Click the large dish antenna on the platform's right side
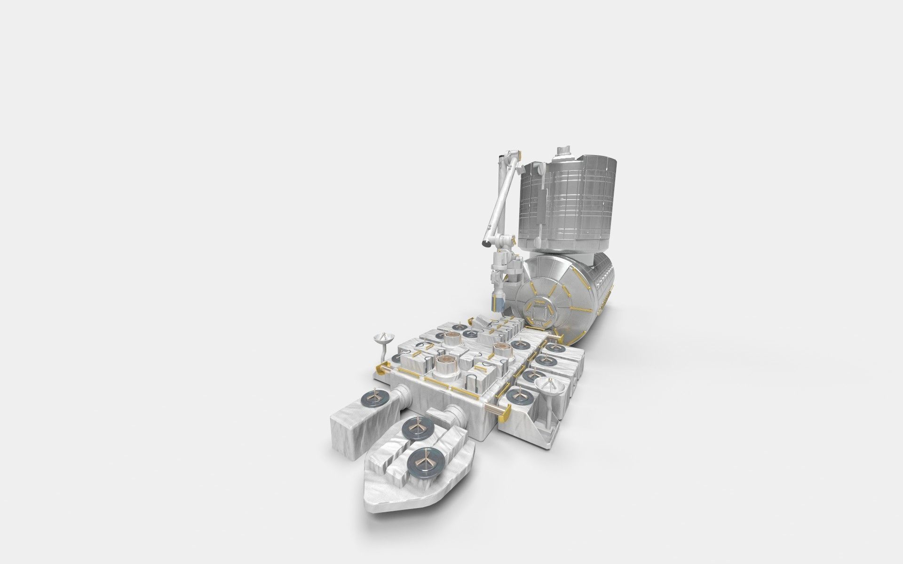click(x=551, y=387)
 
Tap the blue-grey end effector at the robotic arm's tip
click(x=497, y=303)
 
